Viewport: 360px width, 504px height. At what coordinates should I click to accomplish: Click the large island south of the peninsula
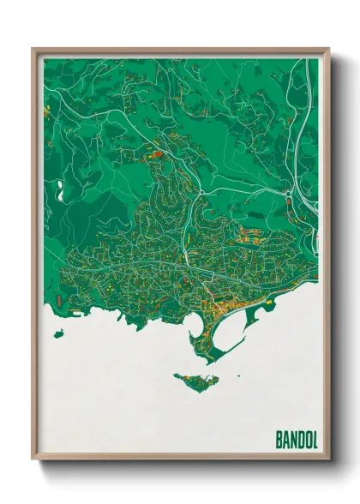(x=197, y=378)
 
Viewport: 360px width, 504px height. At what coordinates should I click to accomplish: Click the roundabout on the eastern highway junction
(x=289, y=201)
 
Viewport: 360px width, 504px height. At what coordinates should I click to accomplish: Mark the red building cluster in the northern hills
(x=157, y=155)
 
